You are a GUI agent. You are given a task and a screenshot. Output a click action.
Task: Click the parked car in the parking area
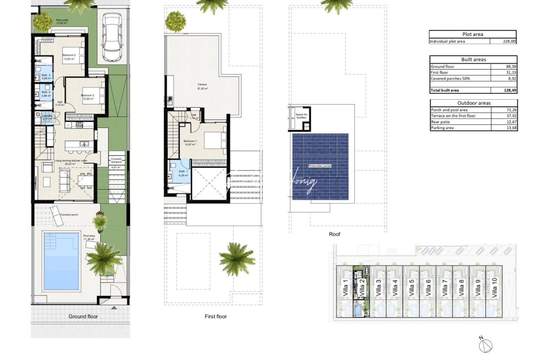[111, 37]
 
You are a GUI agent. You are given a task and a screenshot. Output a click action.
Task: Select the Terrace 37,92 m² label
[202, 87]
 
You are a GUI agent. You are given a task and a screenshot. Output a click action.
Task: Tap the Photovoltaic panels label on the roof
[320, 166]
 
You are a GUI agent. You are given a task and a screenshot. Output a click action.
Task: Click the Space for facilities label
[301, 116]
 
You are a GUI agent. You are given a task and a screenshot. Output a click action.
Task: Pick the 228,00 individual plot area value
[509, 41]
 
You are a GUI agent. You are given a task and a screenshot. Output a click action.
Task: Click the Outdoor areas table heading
[474, 103]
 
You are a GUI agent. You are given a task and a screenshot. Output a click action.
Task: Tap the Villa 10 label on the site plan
[494, 287]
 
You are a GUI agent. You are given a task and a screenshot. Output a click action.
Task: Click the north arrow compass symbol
[486, 346]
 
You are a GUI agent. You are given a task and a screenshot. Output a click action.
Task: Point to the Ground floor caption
[83, 316]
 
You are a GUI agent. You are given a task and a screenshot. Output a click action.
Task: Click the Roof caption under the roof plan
[334, 234]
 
